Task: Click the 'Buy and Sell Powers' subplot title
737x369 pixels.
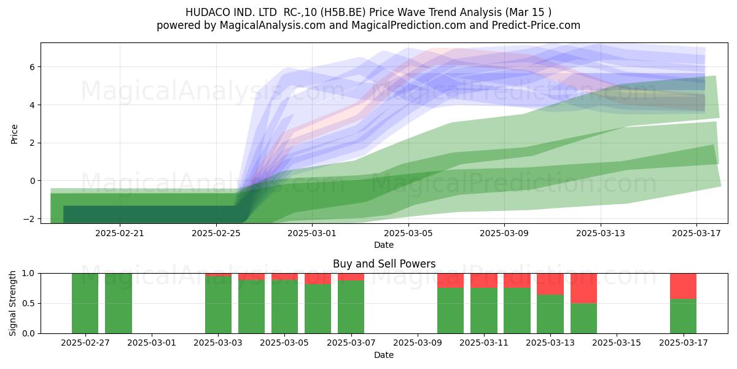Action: (x=384, y=264)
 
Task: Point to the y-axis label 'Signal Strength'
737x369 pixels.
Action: (x=12, y=303)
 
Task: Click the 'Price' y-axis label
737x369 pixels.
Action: (x=14, y=134)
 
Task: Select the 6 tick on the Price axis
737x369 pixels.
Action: (x=32, y=67)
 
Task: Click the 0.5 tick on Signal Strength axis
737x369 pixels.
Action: (x=29, y=303)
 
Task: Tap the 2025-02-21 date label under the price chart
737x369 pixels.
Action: (x=119, y=233)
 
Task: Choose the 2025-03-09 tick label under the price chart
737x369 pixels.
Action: (x=504, y=233)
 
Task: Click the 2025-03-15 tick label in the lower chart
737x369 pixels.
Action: (x=617, y=343)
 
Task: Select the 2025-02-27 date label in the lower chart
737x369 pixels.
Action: (x=85, y=343)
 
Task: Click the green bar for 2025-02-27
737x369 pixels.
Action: (x=85, y=303)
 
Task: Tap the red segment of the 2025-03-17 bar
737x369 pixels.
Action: (x=684, y=286)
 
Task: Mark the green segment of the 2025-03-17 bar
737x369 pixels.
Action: (x=684, y=316)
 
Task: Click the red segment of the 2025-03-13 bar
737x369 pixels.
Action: (x=550, y=284)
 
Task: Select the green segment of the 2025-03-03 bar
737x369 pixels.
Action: (x=218, y=305)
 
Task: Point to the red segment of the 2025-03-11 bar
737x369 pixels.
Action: (x=484, y=280)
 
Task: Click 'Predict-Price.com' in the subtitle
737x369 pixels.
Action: (x=536, y=25)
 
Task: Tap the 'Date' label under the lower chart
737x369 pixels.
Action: (x=384, y=355)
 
